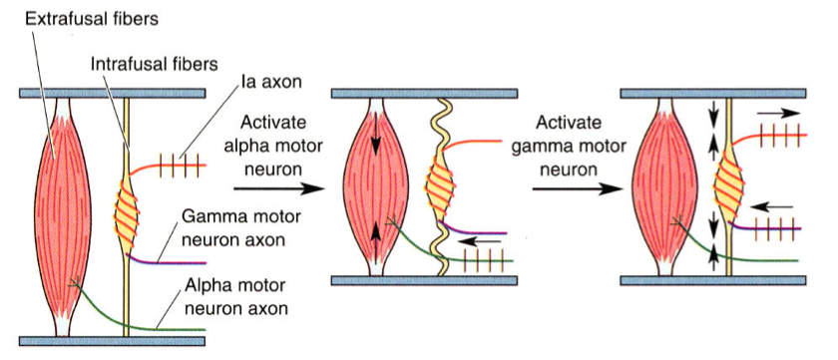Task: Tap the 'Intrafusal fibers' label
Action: tap(150, 64)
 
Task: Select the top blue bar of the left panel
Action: tap(112, 93)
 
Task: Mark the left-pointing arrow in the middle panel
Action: tap(488, 240)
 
